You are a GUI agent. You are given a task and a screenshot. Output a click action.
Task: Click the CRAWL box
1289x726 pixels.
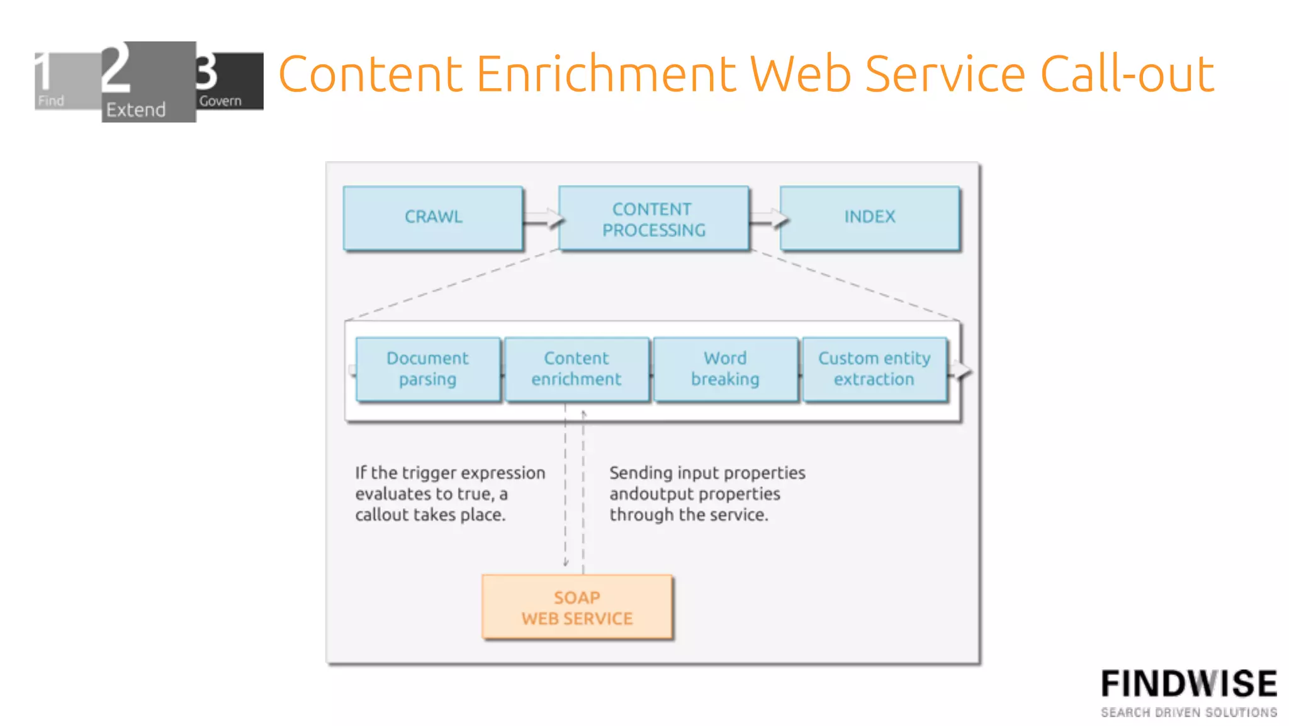tap(433, 218)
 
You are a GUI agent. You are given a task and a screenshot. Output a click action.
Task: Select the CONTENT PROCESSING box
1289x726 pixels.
tap(653, 218)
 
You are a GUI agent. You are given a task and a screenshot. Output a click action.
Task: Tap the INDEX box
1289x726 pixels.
tap(869, 218)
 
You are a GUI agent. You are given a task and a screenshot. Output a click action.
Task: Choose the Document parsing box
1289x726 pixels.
tap(427, 369)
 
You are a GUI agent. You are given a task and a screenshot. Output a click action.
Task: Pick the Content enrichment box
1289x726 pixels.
tap(576, 369)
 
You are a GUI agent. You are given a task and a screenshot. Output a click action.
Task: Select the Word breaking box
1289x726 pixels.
tap(725, 369)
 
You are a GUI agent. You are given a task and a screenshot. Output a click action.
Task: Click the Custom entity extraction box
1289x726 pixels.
tap(874, 369)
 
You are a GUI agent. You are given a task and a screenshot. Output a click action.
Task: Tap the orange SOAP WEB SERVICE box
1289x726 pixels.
tap(577, 607)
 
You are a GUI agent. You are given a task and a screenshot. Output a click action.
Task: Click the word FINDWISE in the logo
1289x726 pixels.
tap(1188, 684)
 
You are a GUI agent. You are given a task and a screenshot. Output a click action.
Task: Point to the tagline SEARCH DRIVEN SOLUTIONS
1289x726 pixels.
tap(1188, 713)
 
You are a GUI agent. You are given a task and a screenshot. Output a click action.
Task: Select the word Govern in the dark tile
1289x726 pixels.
tap(220, 101)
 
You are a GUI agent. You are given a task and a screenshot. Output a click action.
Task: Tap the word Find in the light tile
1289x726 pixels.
tap(51, 101)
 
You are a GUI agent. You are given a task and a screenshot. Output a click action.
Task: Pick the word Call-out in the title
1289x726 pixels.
tap(1127, 74)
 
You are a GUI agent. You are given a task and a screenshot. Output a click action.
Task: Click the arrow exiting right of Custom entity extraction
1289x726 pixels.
tap(960, 370)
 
